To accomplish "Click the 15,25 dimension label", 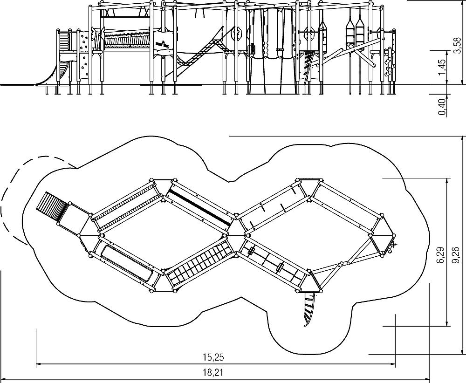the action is [x=213, y=357].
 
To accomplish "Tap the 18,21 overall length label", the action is [x=213, y=372].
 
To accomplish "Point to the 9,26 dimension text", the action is [x=457, y=255].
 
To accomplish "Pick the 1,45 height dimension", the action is [x=442, y=68].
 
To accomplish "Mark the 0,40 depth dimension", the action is [x=442, y=107].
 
